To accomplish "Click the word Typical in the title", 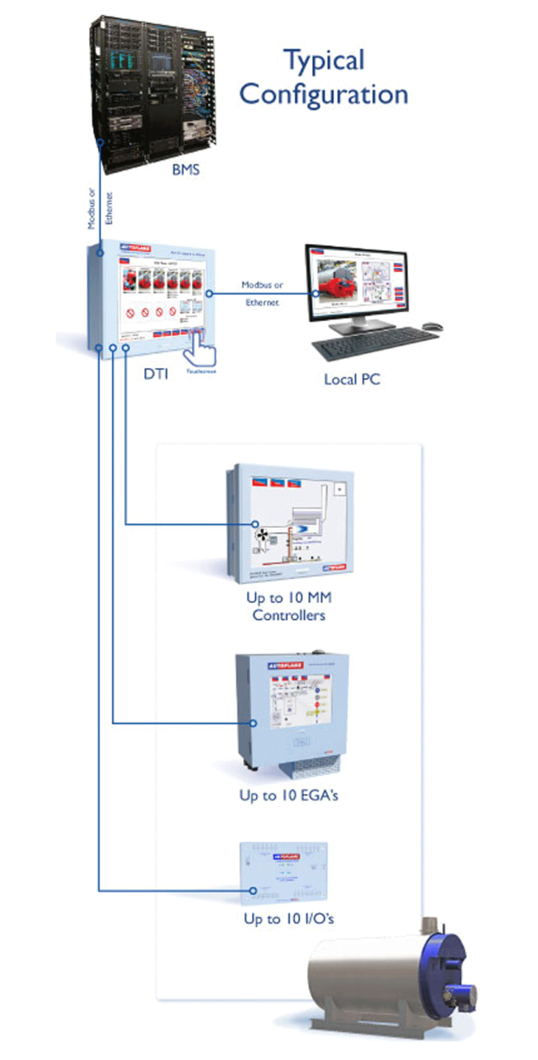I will tap(324, 60).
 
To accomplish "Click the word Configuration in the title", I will tap(324, 94).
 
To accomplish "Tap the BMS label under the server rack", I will tap(186, 169).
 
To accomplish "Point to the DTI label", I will tap(156, 374).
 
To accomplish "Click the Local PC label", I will tap(352, 379).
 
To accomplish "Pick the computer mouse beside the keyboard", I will tap(434, 326).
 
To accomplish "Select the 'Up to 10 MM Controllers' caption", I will tap(289, 607).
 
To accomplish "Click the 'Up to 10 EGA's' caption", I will tap(289, 796).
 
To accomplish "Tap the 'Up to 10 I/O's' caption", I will tap(289, 918).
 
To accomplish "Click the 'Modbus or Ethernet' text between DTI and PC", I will tap(262, 294).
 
